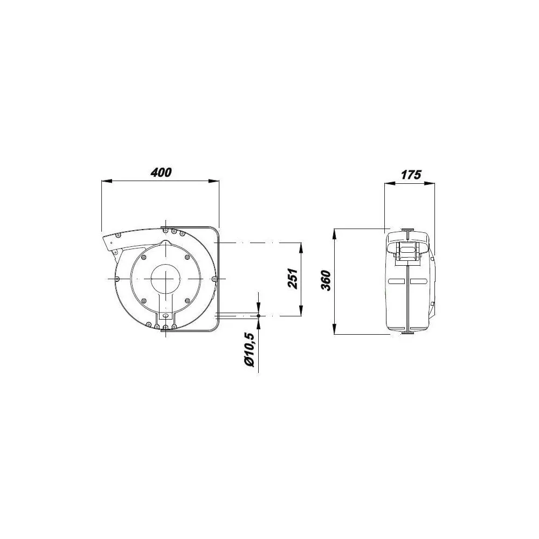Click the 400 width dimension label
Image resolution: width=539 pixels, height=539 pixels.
pos(161,172)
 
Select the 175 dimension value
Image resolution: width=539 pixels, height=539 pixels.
pos(411,175)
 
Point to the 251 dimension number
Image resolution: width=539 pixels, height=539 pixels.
pos(292,279)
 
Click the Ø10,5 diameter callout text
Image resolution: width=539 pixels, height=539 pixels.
pos(250,350)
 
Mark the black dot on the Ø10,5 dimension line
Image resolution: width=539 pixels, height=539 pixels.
pos(258,315)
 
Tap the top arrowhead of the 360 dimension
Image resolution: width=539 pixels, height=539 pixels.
pos(335,234)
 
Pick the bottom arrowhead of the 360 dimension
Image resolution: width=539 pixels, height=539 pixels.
pos(335,329)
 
